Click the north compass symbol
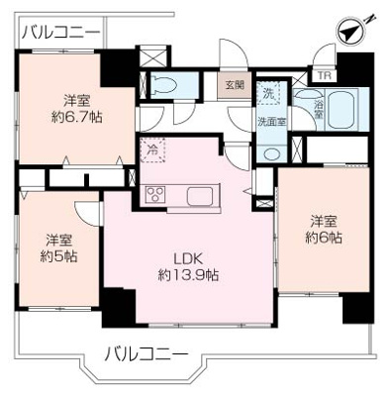pyautogui.click(x=352, y=30)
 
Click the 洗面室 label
pyautogui.click(x=272, y=122)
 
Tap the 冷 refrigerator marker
pyautogui.click(x=153, y=149)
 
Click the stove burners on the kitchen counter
pyautogui.click(x=157, y=193)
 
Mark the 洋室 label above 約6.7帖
pyautogui.click(x=80, y=99)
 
